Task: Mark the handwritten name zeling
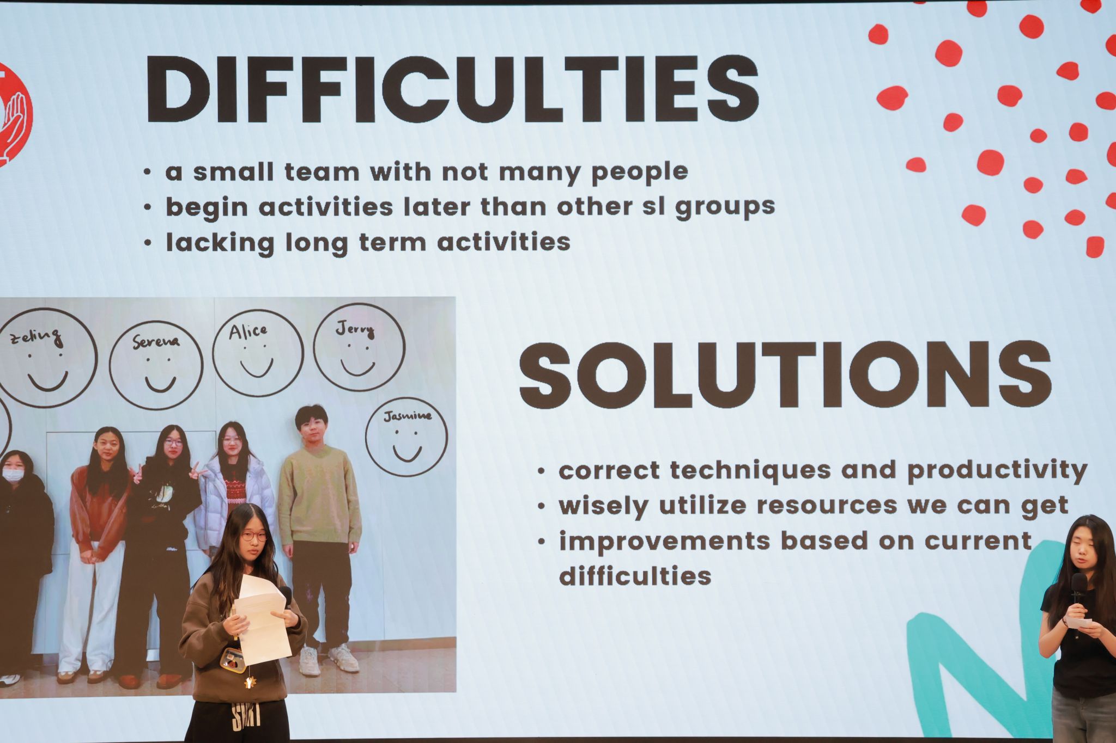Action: click(37, 337)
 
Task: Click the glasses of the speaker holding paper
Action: click(254, 536)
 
